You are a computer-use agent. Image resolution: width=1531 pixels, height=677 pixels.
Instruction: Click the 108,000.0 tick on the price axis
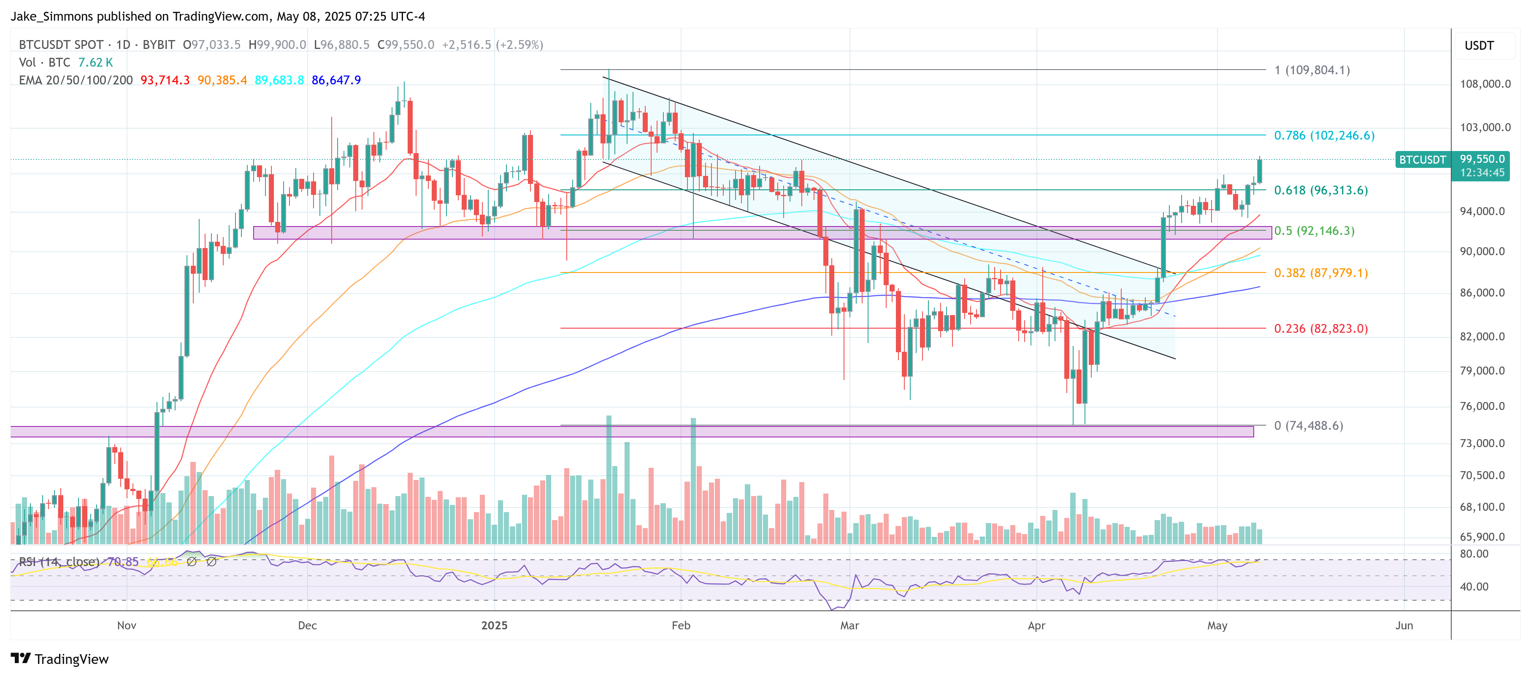click(x=1485, y=84)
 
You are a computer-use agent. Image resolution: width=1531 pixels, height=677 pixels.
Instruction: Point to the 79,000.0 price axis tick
click(x=1482, y=371)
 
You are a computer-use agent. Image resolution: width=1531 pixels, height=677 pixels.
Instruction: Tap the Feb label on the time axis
click(x=681, y=626)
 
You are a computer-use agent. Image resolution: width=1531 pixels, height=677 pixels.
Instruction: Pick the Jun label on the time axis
click(x=1404, y=626)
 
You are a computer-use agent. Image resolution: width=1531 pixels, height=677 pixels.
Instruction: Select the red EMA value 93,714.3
click(x=165, y=80)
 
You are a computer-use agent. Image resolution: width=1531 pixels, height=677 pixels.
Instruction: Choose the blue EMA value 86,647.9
click(x=336, y=80)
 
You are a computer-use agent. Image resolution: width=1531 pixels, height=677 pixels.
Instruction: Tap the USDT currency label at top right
click(x=1479, y=46)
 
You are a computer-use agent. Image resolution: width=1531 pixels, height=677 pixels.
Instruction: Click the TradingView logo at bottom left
click(x=60, y=659)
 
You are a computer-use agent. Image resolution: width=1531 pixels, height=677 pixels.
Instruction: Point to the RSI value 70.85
click(x=123, y=562)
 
